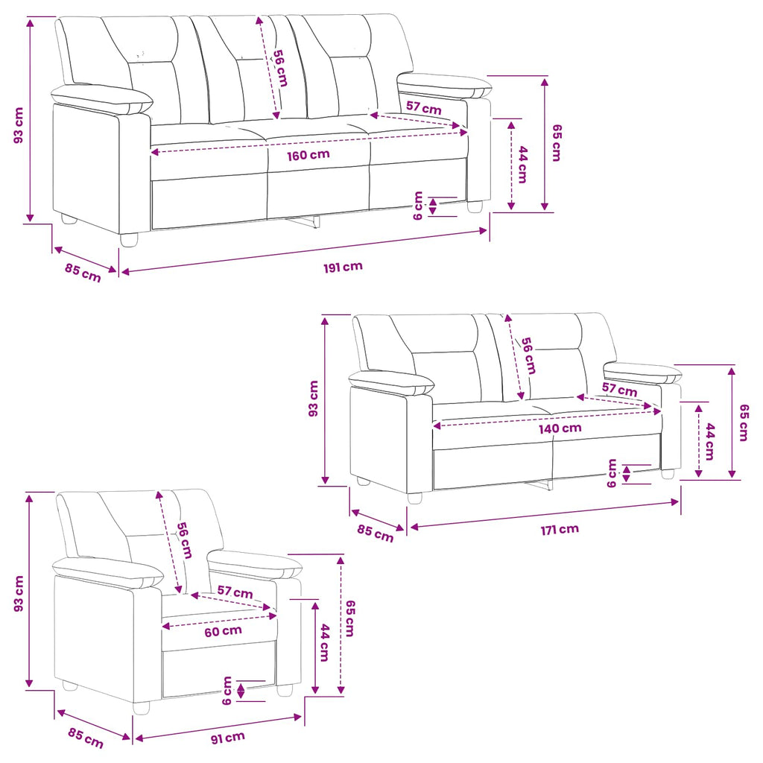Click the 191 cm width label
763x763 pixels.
[x=343, y=267]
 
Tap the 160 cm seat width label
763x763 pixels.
[x=308, y=155]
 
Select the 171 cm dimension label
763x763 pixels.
[x=560, y=529]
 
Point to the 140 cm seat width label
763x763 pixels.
[x=560, y=428]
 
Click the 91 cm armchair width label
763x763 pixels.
[x=228, y=738]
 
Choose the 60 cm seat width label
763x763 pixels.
[x=223, y=632]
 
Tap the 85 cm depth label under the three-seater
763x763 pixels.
[x=83, y=273]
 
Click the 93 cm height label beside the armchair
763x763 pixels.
[x=19, y=594]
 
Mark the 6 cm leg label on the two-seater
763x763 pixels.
[x=612, y=473]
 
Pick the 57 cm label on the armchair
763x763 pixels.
[x=235, y=592]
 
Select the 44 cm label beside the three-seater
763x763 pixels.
[x=522, y=165]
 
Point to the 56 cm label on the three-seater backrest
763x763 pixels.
[x=280, y=68]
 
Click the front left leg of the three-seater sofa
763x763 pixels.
[x=129, y=240]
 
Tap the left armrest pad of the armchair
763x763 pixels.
[x=108, y=573]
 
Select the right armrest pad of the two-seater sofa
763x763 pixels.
[x=643, y=373]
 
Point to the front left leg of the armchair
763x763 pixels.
[x=141, y=708]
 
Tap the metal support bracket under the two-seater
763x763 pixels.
[x=539, y=485]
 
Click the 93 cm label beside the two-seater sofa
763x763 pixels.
[x=314, y=399]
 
